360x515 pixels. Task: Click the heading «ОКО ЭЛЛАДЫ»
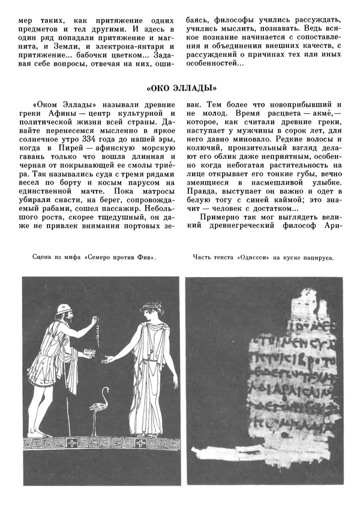[181, 86]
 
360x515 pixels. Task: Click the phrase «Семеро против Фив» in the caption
[120, 257]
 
